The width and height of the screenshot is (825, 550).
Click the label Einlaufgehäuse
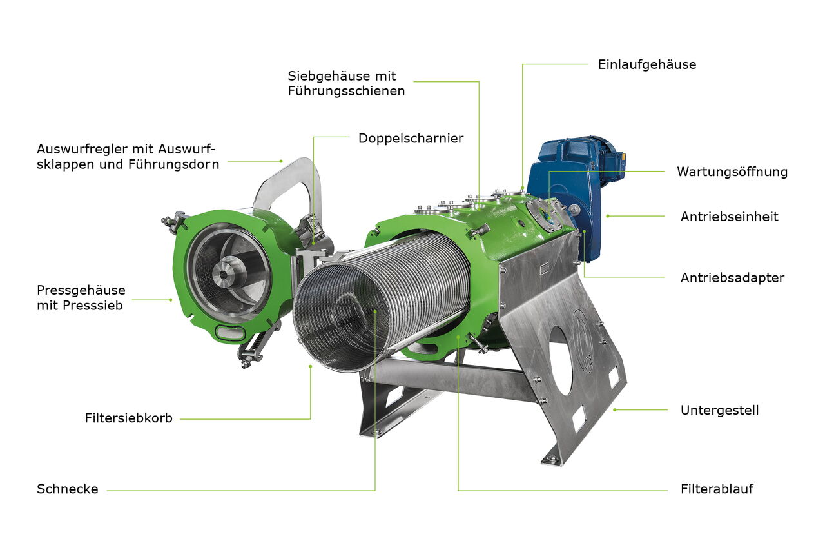646,65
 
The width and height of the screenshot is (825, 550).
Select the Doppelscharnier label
411,139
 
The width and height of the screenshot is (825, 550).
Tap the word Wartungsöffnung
732,172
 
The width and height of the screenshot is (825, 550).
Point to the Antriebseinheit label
729,217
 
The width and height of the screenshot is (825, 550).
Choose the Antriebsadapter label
732,278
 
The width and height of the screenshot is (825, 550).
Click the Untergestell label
719,410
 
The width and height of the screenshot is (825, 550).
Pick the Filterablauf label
717,489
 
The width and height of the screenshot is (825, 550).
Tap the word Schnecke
68,489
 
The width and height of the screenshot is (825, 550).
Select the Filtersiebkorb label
128,418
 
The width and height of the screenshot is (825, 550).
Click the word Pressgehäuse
81,290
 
